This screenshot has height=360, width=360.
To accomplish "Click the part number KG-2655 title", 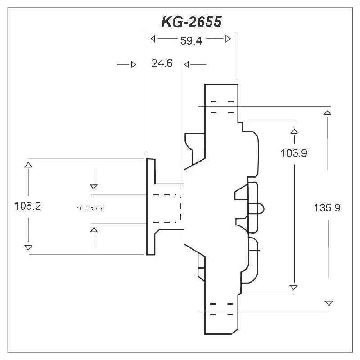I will pos(191,22).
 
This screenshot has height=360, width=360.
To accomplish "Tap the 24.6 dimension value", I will pos(162,64).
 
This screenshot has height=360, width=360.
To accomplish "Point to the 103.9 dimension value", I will pos(294,153).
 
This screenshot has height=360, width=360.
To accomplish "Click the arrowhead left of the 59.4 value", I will pos(153,39).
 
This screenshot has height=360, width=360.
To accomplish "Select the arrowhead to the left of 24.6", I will pos(133,65).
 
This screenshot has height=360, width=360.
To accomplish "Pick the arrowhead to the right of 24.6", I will pos(187,65).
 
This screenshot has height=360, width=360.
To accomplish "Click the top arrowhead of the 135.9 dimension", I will pos(328,112).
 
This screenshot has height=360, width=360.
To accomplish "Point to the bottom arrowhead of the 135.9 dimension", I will pos(328,303).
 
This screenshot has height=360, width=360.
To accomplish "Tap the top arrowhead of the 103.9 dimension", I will pos(294,131).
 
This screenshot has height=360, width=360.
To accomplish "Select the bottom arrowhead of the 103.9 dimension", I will pos(294,287).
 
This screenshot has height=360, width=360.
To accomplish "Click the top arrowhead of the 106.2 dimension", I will pos(28,165).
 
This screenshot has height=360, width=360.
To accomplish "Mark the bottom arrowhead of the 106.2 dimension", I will pos(28,247).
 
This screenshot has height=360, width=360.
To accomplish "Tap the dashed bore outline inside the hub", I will pos(166,208).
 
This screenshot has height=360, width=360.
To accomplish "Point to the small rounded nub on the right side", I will pos(261,208).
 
